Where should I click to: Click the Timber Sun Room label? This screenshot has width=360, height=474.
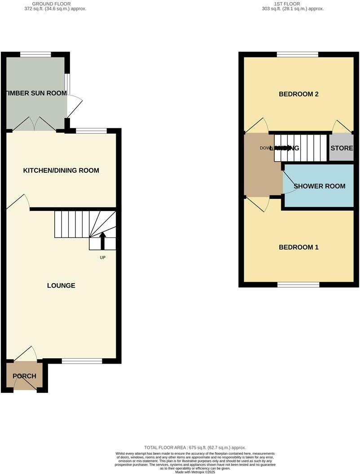[36, 93]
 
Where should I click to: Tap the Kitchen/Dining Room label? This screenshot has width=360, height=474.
[61, 171]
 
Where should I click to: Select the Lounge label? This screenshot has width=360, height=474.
[61, 285]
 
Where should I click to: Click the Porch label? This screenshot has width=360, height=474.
[24, 376]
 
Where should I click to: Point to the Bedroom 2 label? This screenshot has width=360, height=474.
[299, 94]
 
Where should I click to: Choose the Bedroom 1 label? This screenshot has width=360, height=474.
[299, 247]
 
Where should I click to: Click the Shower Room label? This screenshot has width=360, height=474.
[319, 186]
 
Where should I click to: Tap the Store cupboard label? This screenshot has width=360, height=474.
[342, 148]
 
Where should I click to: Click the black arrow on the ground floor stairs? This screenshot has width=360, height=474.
[102, 241]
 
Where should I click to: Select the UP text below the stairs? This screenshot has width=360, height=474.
[102, 258]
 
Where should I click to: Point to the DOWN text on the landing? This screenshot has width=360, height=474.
[267, 148]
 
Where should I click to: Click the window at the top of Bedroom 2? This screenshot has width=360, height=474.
[297, 55]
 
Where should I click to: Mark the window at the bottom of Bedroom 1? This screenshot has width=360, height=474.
[298, 285]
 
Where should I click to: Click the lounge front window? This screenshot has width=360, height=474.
[82, 361]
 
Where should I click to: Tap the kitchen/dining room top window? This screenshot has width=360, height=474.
[91, 131]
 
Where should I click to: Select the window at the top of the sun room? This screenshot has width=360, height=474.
[35, 55]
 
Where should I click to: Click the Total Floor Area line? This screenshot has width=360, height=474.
[195, 448]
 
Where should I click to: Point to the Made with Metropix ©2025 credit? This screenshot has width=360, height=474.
[195, 472]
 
